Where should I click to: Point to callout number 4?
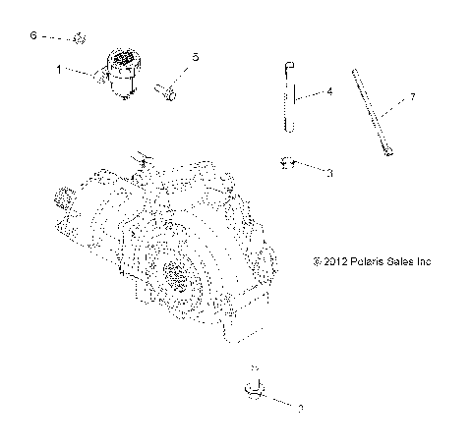[x=329, y=91]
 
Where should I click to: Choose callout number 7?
[x=413, y=96]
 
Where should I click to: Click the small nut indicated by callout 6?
[x=80, y=39]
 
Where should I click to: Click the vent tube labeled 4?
[x=288, y=98]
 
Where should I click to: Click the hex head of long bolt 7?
[x=392, y=151]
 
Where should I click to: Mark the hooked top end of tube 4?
[x=282, y=66]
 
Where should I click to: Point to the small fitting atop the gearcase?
[x=144, y=156]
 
